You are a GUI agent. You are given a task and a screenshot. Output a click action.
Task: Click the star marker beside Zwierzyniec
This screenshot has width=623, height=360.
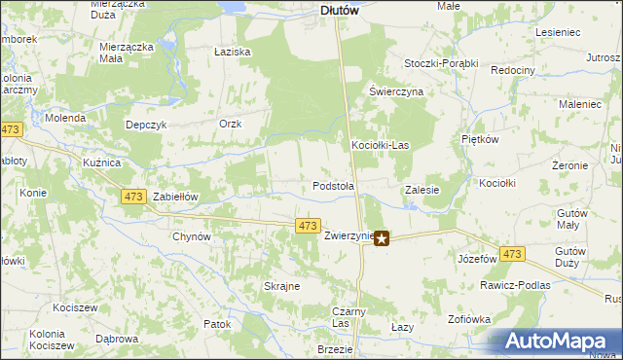382,236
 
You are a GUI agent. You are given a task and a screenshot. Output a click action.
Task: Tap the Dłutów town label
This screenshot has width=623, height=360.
340,11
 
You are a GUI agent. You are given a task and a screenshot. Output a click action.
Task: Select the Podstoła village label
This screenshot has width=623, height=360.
333,185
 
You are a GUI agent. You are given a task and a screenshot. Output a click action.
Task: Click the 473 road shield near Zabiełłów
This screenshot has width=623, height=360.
133,197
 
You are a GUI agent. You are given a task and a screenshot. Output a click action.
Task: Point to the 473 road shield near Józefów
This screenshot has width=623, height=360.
513,254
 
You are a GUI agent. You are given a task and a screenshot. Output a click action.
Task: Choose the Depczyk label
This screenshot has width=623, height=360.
148,125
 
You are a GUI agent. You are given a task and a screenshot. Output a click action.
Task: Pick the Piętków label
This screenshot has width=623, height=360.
480,140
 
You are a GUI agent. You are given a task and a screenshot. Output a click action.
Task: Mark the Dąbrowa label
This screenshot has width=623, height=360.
116,339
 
